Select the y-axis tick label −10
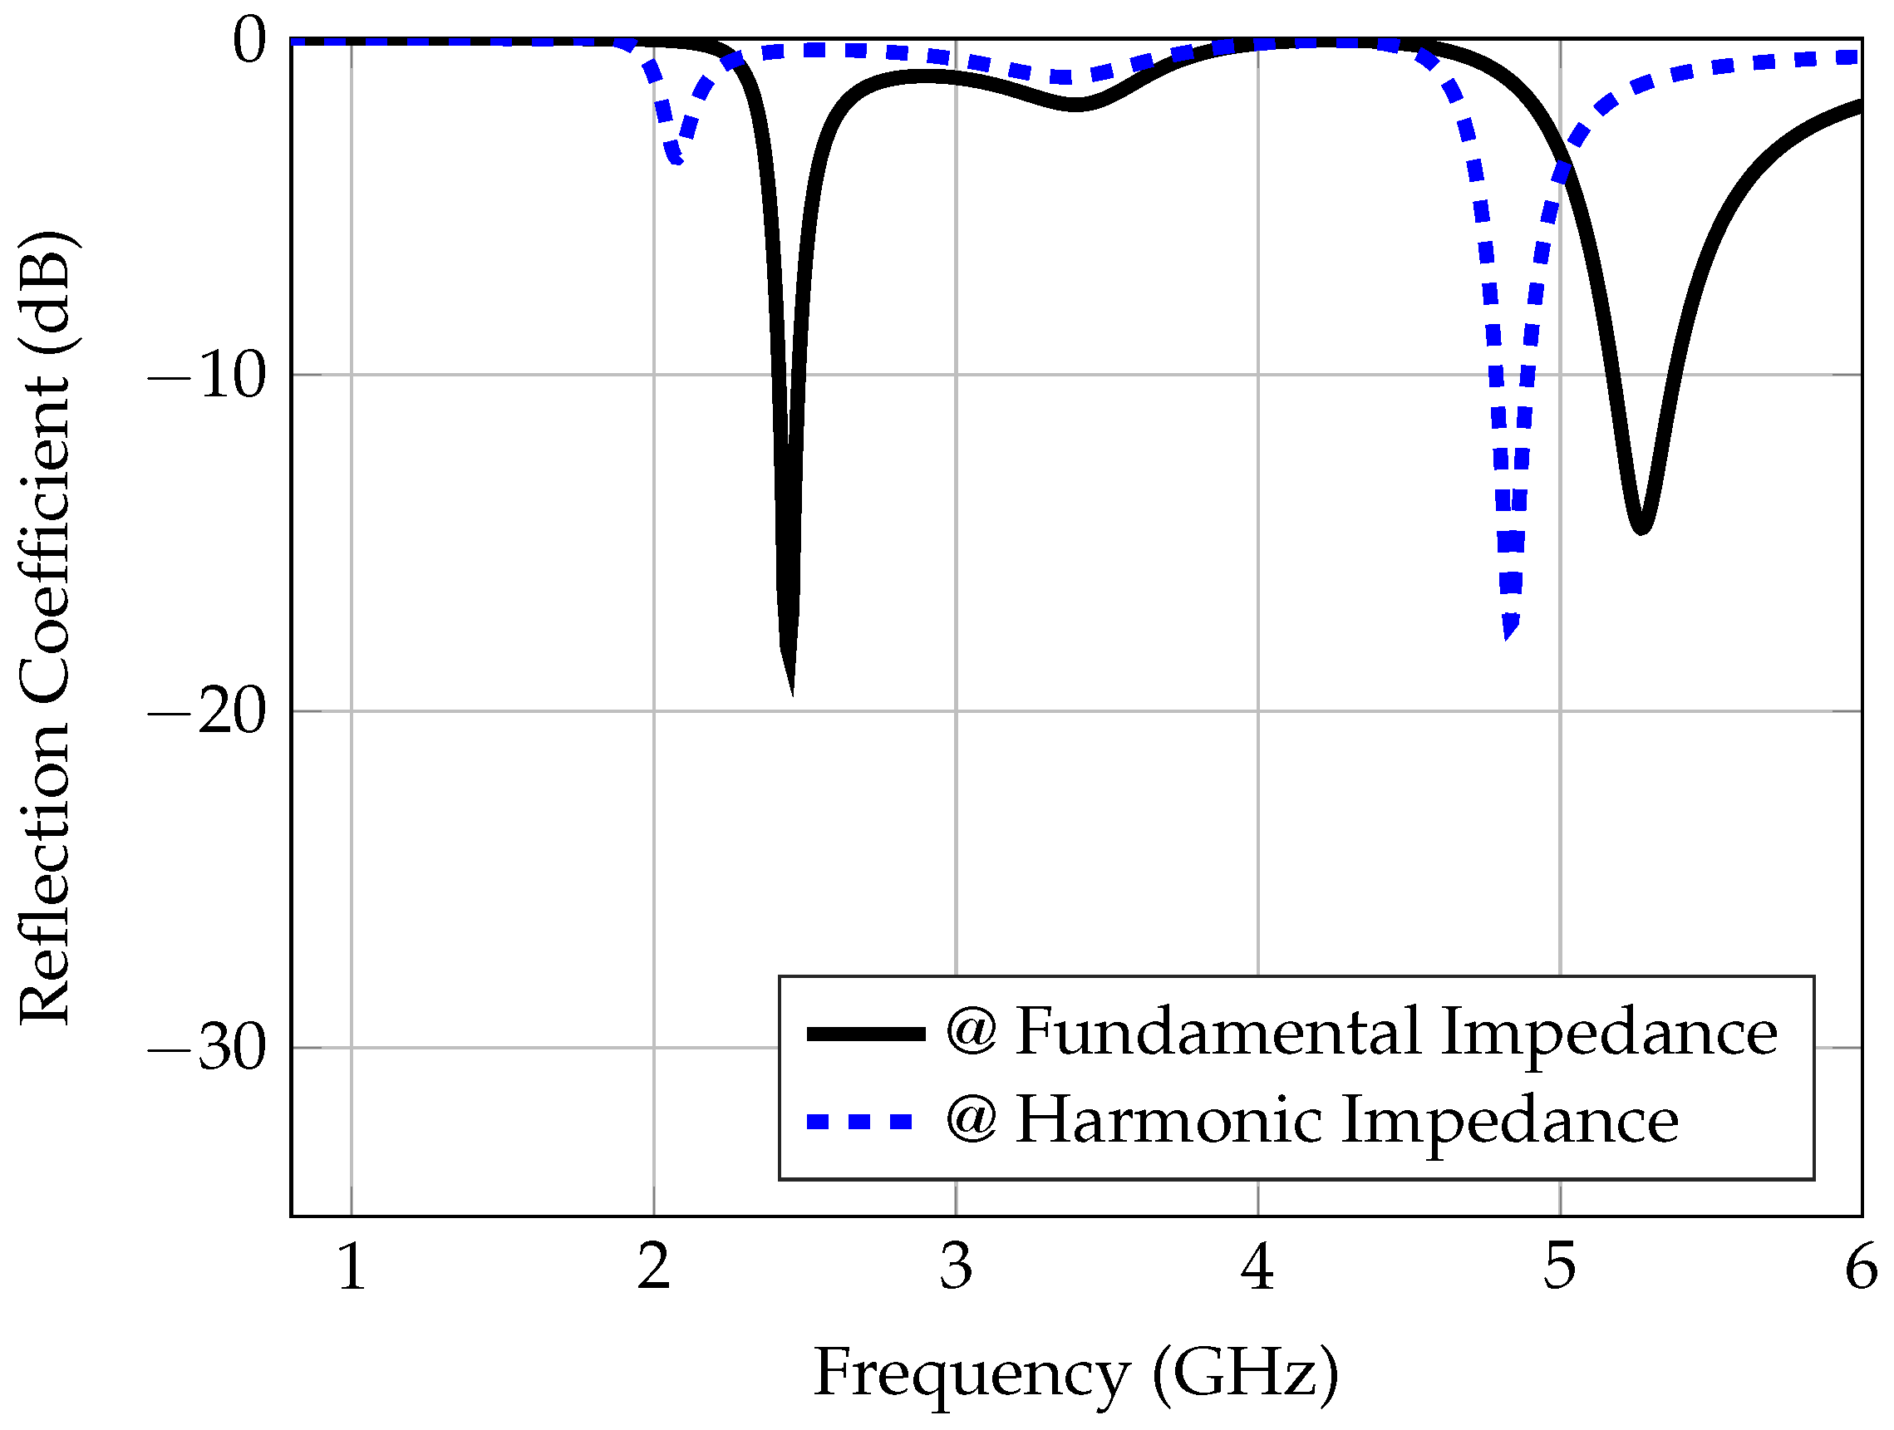click(208, 376)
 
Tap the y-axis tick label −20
click(208, 712)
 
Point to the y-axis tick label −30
click(208, 1049)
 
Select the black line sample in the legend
click(866, 1034)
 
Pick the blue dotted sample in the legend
click(861, 1122)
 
